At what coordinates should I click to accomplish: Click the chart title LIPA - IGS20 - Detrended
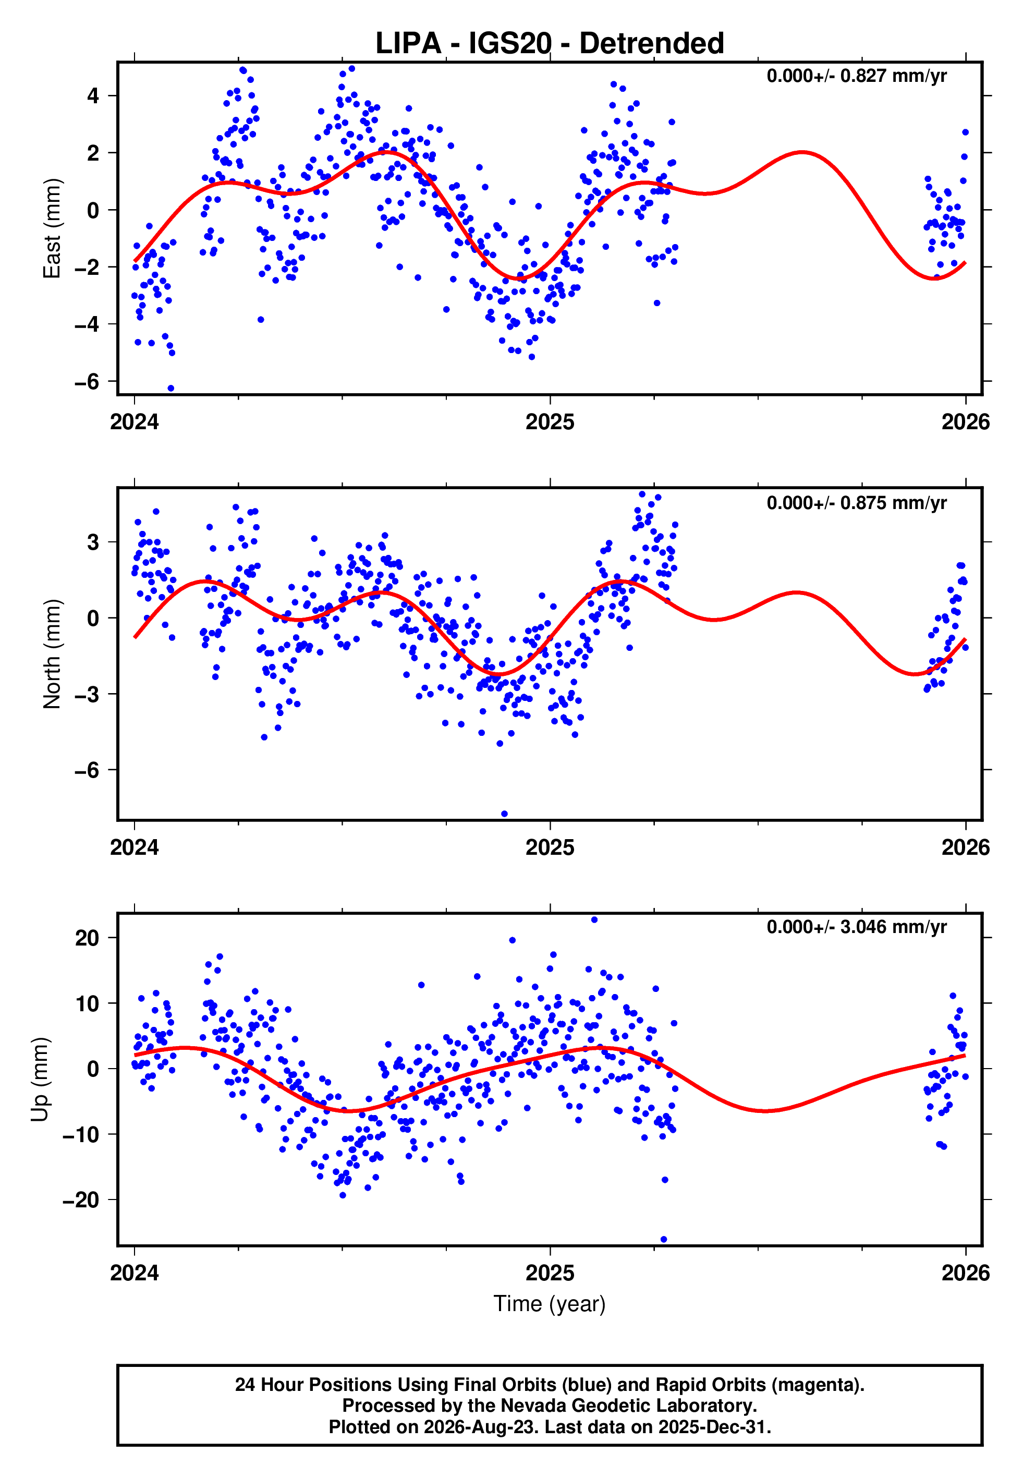550,44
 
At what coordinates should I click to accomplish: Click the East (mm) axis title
52,228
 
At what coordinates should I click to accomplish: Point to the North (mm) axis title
52,654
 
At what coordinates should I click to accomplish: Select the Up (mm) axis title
40,1080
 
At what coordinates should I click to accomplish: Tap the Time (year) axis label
550,1304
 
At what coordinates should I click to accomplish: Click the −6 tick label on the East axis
87,381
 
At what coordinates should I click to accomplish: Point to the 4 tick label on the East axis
93,96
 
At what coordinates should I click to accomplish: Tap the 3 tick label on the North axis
93,542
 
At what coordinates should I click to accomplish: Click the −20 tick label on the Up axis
81,1200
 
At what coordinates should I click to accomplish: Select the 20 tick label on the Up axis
87,938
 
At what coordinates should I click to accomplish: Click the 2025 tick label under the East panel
550,422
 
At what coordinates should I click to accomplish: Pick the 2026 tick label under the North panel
965,847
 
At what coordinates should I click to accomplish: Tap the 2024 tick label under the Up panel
135,1273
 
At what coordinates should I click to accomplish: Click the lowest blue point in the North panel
504,814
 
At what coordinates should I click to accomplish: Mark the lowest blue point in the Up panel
663,1240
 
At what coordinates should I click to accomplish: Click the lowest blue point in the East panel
170,389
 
